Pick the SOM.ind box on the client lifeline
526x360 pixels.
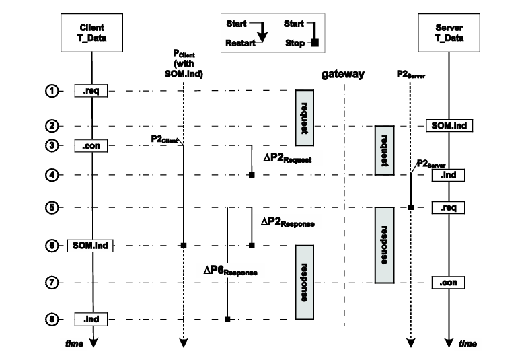(x=90, y=246)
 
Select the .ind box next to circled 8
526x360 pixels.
(x=91, y=318)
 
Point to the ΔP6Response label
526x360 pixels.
(x=231, y=271)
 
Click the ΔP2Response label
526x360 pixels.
(x=288, y=221)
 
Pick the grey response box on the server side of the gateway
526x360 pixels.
(x=383, y=244)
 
